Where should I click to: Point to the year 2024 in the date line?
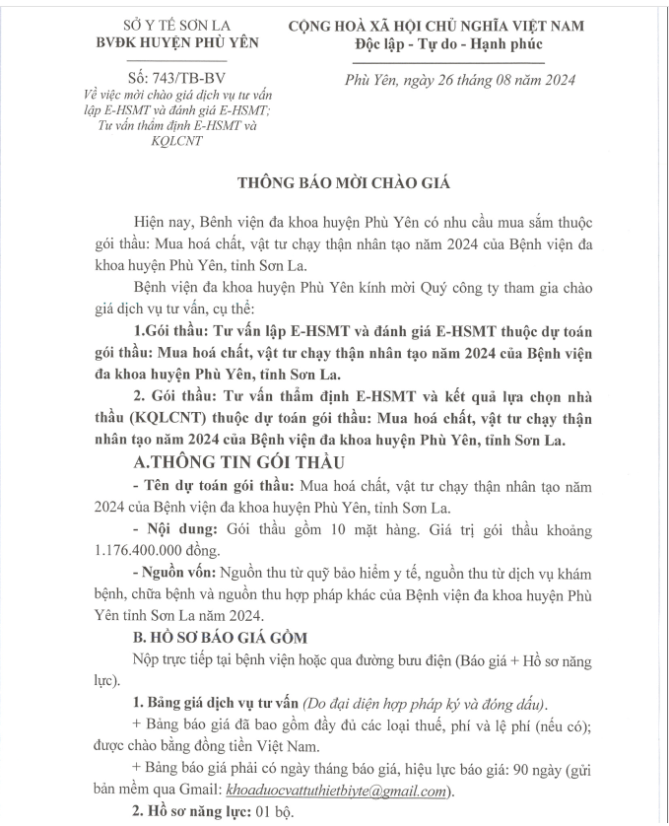click(554, 80)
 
